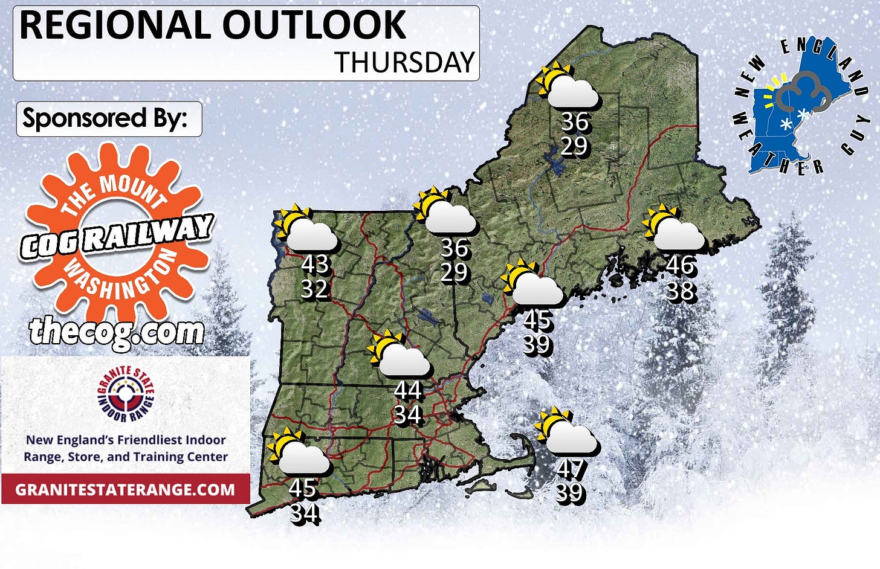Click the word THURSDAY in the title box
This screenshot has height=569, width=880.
(405, 62)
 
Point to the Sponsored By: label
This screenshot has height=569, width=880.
(105, 118)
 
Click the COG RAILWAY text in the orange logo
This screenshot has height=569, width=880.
(117, 236)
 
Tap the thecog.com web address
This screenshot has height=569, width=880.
(117, 332)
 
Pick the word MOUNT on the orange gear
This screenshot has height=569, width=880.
(131, 189)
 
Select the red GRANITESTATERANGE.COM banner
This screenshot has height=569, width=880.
(125, 489)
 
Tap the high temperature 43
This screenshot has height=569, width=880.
(315, 264)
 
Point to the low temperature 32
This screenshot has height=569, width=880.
(315, 289)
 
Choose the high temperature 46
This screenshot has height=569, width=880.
(680, 265)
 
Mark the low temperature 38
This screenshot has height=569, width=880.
(680, 291)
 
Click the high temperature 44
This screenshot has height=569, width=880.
(407, 390)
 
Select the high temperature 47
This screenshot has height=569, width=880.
(570, 468)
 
